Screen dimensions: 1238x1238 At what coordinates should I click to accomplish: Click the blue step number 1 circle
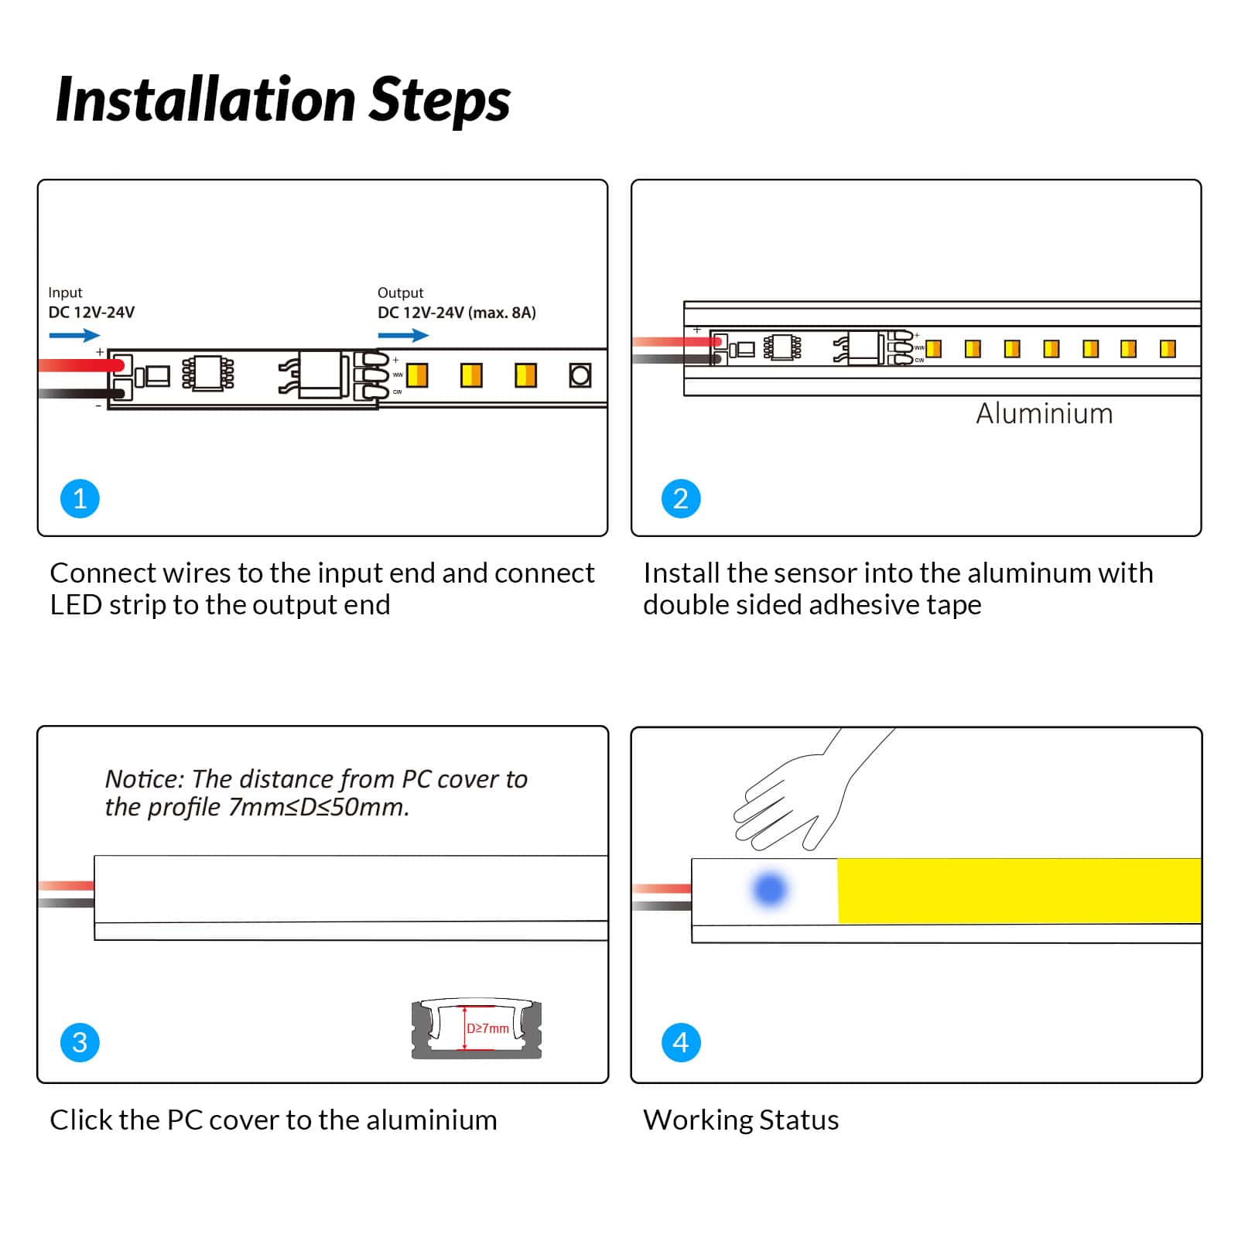click(80, 498)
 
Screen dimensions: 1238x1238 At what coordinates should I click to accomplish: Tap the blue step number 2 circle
click(681, 498)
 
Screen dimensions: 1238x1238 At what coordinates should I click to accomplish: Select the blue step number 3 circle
click(80, 1042)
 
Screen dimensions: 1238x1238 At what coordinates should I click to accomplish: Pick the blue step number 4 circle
click(681, 1042)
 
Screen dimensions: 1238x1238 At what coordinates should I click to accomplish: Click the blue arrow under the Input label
click(74, 335)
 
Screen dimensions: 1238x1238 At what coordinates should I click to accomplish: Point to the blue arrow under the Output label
click(403, 335)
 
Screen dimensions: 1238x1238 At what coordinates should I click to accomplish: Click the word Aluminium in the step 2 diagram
click(1044, 414)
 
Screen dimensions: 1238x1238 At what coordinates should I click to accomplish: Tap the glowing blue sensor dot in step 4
click(770, 889)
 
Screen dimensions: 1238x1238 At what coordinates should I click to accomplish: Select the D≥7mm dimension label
click(487, 1028)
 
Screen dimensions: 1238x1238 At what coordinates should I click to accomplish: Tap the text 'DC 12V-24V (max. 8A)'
click(457, 313)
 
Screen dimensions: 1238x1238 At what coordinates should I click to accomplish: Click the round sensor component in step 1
click(580, 375)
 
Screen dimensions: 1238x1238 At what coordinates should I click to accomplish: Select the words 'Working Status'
click(740, 1120)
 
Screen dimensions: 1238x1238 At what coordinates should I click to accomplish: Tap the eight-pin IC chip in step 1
click(207, 373)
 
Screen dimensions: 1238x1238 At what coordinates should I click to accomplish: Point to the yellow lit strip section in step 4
click(1019, 890)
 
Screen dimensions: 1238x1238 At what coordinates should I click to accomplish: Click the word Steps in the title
click(439, 100)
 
